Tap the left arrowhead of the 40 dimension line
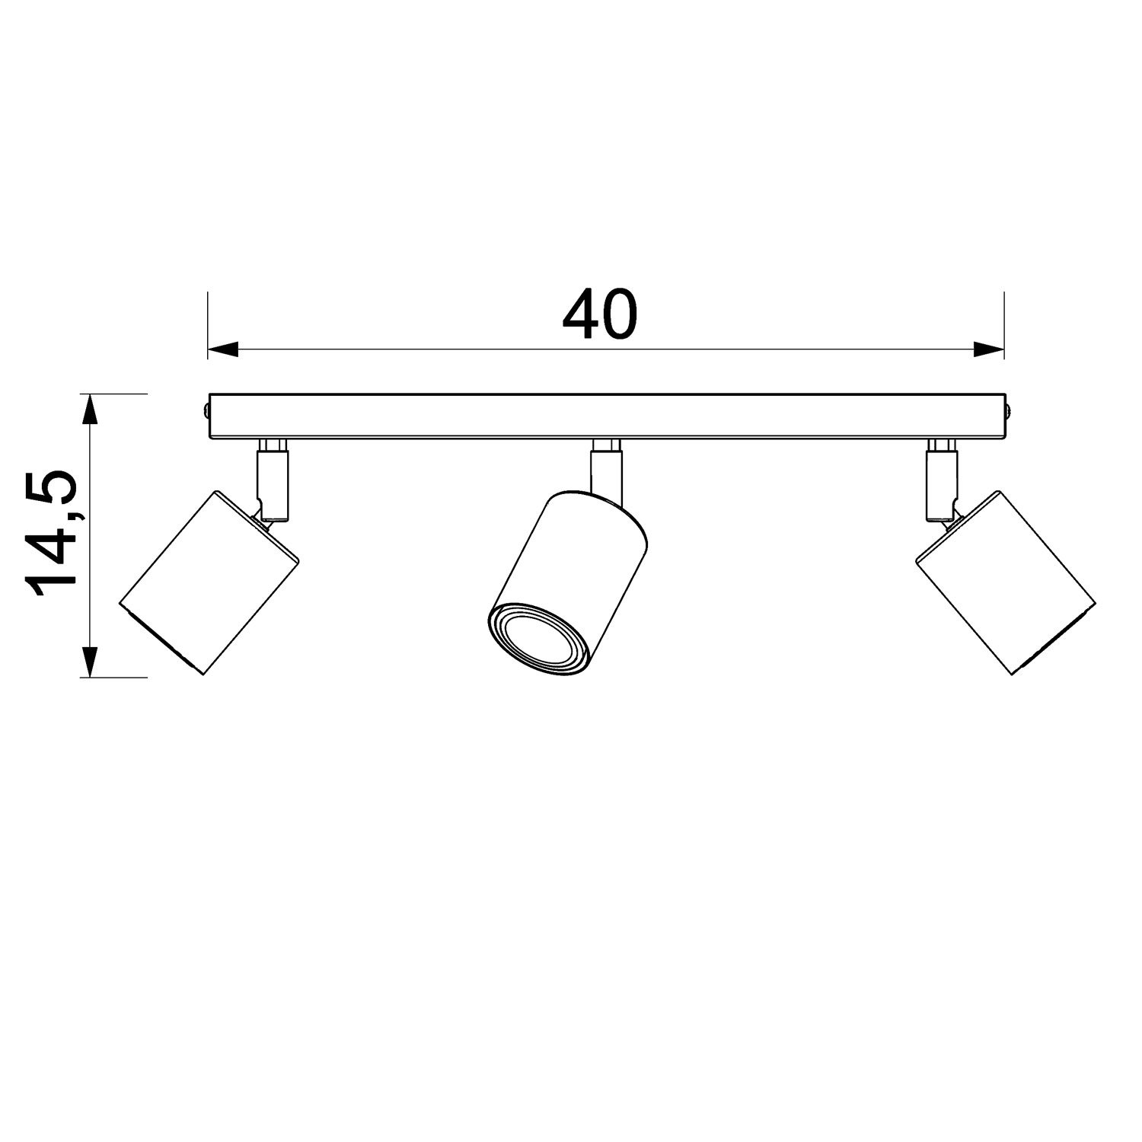(x=223, y=349)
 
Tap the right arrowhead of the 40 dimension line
(x=989, y=349)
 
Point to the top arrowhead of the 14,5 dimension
(x=91, y=409)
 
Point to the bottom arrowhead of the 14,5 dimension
(x=91, y=662)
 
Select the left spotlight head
(x=209, y=582)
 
